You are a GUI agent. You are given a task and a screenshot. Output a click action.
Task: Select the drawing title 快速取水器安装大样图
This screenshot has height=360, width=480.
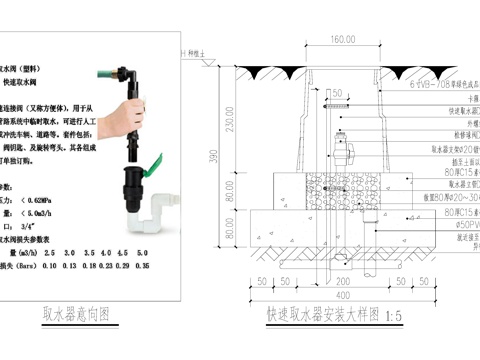click(x=322, y=314)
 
